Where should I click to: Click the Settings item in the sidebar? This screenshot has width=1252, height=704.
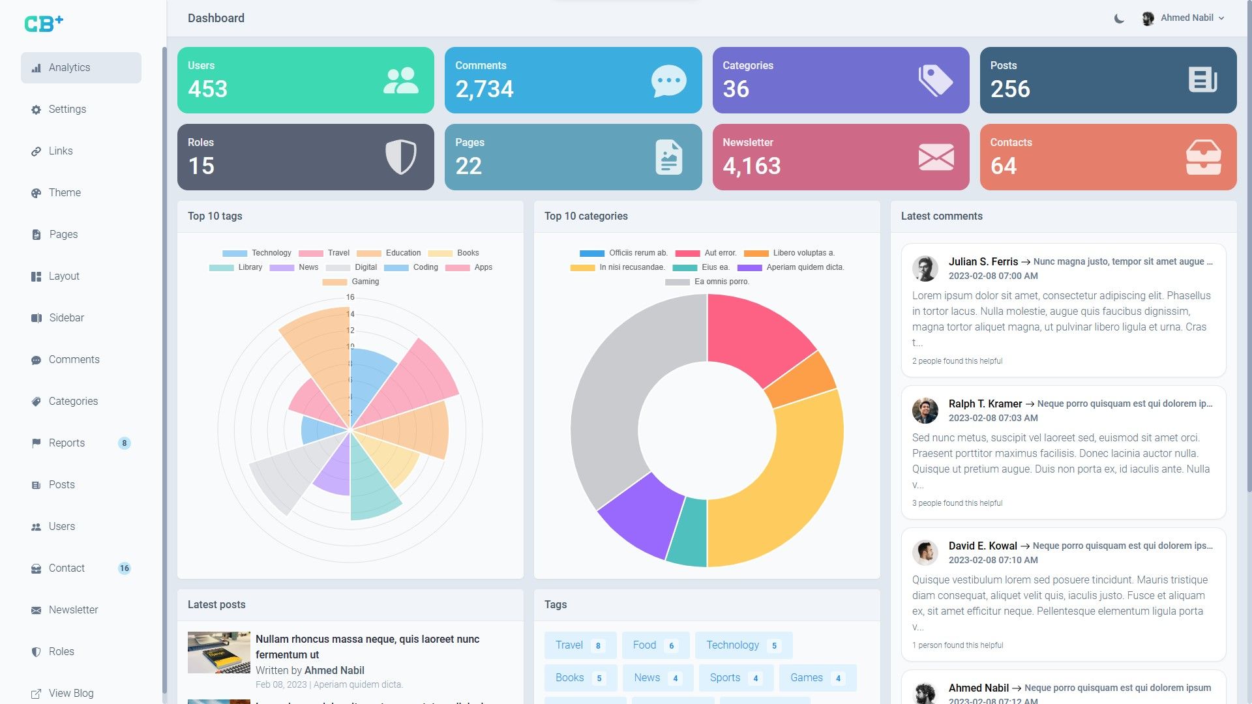[67, 110]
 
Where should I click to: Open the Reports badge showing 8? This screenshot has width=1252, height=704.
[124, 443]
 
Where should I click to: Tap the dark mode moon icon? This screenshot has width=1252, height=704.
[1119, 18]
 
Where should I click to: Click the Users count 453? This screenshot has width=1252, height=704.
[207, 89]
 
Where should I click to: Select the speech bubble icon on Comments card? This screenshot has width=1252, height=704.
[668, 81]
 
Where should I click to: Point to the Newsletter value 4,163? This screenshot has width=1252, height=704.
[751, 166]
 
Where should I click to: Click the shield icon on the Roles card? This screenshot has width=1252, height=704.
[400, 156]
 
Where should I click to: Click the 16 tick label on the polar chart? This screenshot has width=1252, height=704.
[350, 297]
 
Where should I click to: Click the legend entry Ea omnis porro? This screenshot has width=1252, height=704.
[708, 282]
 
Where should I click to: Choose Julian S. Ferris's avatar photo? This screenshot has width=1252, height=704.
[925, 269]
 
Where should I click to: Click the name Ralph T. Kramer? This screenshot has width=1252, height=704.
[985, 404]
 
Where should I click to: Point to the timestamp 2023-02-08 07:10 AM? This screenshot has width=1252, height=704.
[992, 560]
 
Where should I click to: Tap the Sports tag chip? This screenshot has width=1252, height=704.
[736, 678]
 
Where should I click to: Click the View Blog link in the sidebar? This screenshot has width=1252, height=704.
[70, 693]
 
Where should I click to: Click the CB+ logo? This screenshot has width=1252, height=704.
[44, 23]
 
